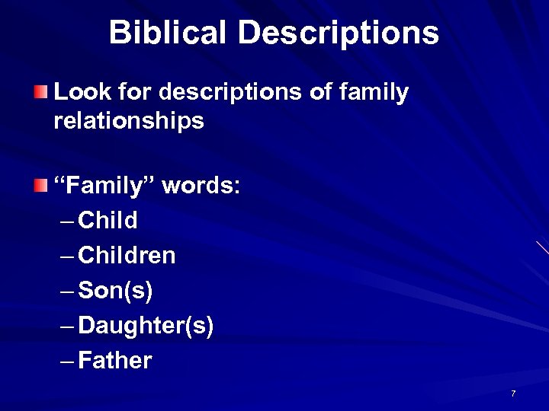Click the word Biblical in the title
click(x=168, y=33)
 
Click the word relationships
click(x=129, y=120)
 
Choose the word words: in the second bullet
click(x=201, y=186)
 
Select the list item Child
click(x=108, y=221)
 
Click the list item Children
click(x=127, y=256)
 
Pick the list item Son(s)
click(x=116, y=291)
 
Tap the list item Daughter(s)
click(x=146, y=327)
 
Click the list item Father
click(x=115, y=361)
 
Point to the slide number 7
click(x=513, y=393)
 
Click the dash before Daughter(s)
click(x=66, y=327)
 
